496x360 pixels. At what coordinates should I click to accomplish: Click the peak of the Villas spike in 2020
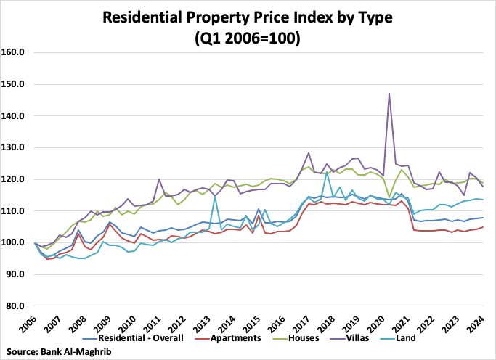(389, 94)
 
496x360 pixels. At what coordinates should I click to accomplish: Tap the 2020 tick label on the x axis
(379, 323)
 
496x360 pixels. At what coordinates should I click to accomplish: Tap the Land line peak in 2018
(328, 171)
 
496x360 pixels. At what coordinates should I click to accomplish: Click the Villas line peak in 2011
(159, 179)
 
